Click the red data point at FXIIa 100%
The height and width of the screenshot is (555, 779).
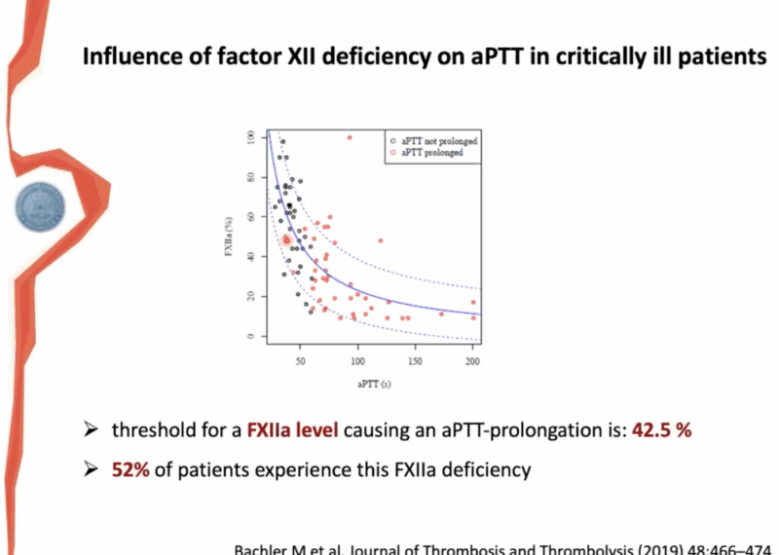click(x=350, y=137)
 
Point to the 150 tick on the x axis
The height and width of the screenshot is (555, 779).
click(x=416, y=360)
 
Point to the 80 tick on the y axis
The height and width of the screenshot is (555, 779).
click(x=251, y=177)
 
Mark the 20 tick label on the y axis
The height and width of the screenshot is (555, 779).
click(x=251, y=296)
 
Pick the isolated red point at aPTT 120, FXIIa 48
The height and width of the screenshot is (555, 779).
click(x=381, y=240)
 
